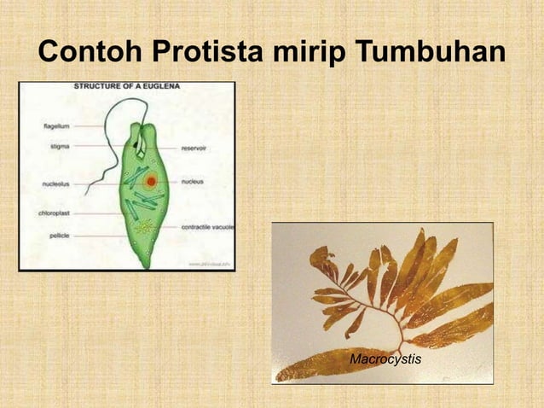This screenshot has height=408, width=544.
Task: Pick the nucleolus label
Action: click(x=57, y=183)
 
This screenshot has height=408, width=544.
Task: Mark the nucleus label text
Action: click(x=194, y=181)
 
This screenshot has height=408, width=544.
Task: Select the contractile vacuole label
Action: click(x=207, y=227)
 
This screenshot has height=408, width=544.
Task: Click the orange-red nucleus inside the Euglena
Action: click(x=151, y=181)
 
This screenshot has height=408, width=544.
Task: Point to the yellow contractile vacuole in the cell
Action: click(x=146, y=226)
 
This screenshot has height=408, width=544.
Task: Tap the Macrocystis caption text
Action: click(x=385, y=360)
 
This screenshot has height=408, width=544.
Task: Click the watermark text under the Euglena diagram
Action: click(x=209, y=265)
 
